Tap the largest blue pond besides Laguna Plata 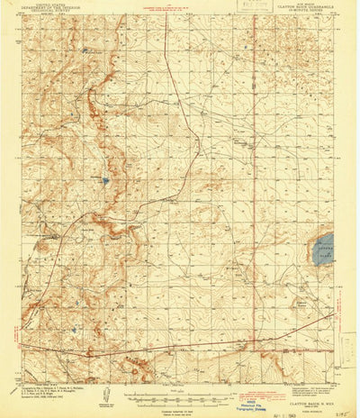click(105, 180)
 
